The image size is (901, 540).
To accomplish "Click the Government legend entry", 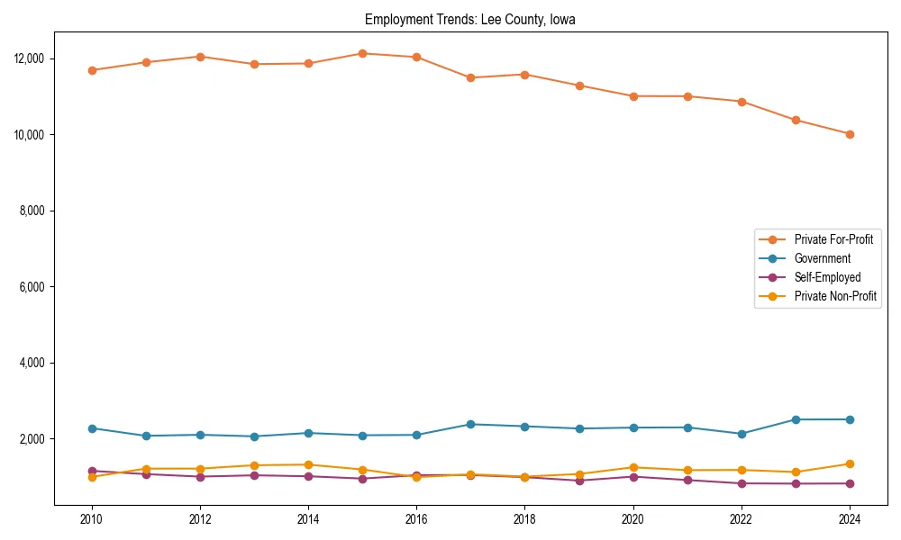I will (x=822, y=258).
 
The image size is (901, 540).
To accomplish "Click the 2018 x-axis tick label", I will (x=524, y=519).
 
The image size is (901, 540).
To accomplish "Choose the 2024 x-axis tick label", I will (x=850, y=519).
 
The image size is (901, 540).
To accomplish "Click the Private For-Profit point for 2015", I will (x=362, y=53).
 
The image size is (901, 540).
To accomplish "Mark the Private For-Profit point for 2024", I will (x=850, y=134).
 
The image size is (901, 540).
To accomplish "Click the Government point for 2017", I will (x=470, y=424).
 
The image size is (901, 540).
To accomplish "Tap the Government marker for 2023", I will (x=796, y=419).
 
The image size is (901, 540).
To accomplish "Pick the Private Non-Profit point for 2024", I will (x=850, y=463).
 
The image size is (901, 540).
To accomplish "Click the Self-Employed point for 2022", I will (x=742, y=483).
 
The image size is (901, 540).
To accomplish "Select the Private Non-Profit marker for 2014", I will (x=308, y=464).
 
